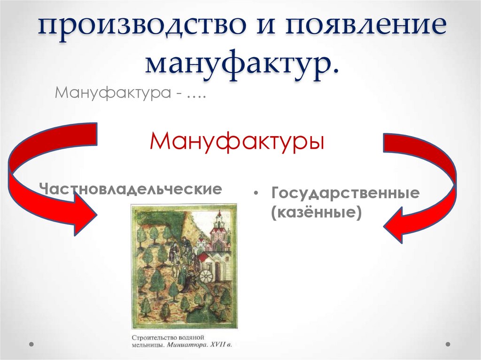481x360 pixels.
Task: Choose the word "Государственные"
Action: (345, 194)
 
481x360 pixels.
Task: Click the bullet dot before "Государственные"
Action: (256, 194)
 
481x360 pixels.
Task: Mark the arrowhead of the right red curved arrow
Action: (397, 224)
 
